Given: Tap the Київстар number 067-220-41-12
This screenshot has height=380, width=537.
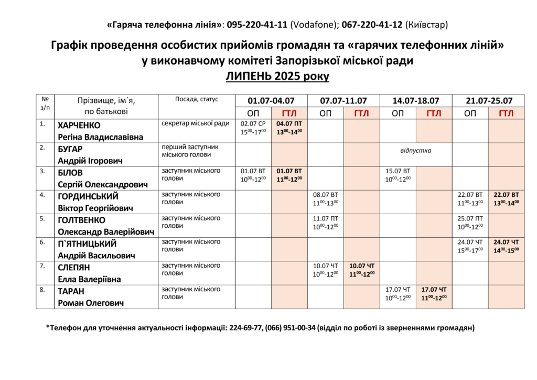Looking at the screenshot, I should pos(372,25).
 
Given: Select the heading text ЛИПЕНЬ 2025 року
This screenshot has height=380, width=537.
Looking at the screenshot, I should pos(277,76).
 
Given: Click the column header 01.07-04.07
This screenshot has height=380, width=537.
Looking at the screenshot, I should pos(271,101).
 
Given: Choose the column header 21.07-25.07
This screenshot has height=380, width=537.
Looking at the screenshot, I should pos(489,101).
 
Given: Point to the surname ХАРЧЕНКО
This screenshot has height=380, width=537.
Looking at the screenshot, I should pos(79,125).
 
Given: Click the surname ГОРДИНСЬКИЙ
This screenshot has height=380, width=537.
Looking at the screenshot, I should pos(88,196).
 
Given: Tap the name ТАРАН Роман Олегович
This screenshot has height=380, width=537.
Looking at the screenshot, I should pos(90,297).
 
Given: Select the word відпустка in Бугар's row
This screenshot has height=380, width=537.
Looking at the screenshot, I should pos(415,151).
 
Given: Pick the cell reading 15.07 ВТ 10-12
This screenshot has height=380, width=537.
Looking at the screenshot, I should pos(398,175).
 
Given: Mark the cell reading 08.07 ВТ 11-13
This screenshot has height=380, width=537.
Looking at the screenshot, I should pos(326,198).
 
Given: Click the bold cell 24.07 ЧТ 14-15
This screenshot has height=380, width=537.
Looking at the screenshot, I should pos(506,246).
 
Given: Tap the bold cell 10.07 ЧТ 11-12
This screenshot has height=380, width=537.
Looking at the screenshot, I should pos(362,270).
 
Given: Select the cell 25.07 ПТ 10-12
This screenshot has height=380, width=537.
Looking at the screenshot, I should pos(470,223).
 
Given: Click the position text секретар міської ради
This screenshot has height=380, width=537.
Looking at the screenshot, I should pos(195,123).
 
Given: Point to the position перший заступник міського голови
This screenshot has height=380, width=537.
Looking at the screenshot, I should pos(189,151).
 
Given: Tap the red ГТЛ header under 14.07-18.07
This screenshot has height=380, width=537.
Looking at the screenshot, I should pos(434,113).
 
